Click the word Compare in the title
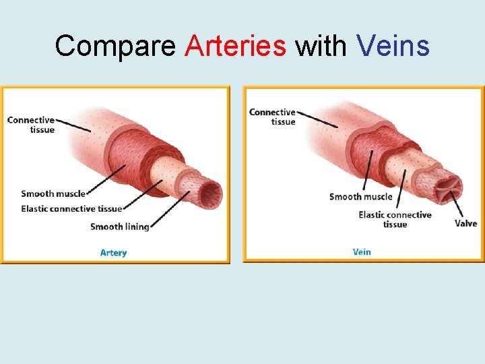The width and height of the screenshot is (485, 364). [116, 47]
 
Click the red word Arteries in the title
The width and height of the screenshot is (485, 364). [235, 47]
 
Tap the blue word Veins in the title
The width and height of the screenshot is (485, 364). [393, 47]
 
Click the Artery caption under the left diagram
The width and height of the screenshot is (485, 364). [113, 253]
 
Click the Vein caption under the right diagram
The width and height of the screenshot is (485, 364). [362, 252]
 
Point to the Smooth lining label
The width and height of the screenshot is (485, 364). [119, 226]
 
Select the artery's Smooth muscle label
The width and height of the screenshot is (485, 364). [53, 194]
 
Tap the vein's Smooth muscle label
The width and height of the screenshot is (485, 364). [360, 197]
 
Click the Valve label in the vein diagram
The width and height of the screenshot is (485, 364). [465, 223]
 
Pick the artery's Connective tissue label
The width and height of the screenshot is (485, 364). [31, 125]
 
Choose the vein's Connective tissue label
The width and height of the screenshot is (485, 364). [273, 117]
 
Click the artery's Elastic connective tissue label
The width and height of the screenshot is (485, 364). [71, 209]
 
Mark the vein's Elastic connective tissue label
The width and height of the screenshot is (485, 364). [395, 219]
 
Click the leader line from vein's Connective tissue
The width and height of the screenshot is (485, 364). [317, 119]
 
